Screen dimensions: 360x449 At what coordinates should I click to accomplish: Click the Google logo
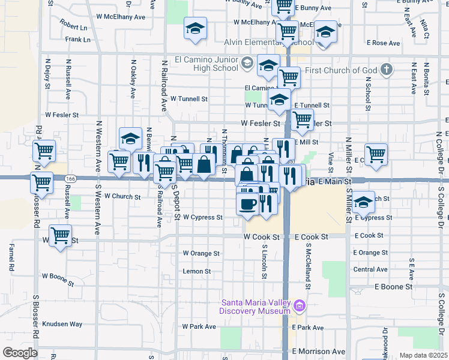(x=20, y=353)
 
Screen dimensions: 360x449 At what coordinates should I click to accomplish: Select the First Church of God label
(x=341, y=70)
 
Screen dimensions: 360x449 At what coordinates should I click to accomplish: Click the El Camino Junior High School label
(x=206, y=64)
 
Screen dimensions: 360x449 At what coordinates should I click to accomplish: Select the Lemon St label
(x=197, y=271)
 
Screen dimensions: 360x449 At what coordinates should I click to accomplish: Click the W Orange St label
(x=201, y=253)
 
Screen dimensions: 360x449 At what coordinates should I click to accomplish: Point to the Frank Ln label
(x=78, y=40)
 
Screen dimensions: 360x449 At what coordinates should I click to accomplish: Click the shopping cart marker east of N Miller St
(x=376, y=154)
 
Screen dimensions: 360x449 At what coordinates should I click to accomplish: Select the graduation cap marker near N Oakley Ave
(x=130, y=139)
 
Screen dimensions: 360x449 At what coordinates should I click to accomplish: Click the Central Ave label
(x=370, y=269)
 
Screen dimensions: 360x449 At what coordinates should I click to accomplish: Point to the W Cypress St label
(x=203, y=217)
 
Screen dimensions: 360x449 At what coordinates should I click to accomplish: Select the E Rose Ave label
(x=383, y=43)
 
